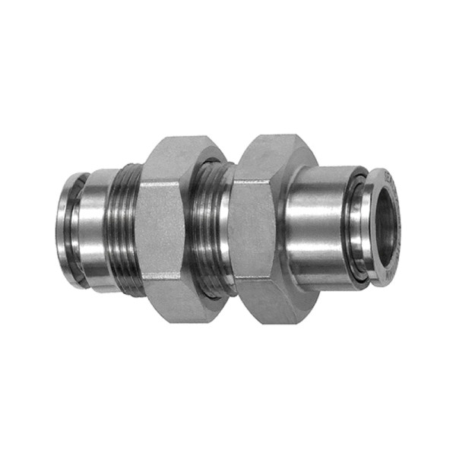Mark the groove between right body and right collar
click(x=351, y=228)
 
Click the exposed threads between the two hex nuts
click(x=208, y=228)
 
